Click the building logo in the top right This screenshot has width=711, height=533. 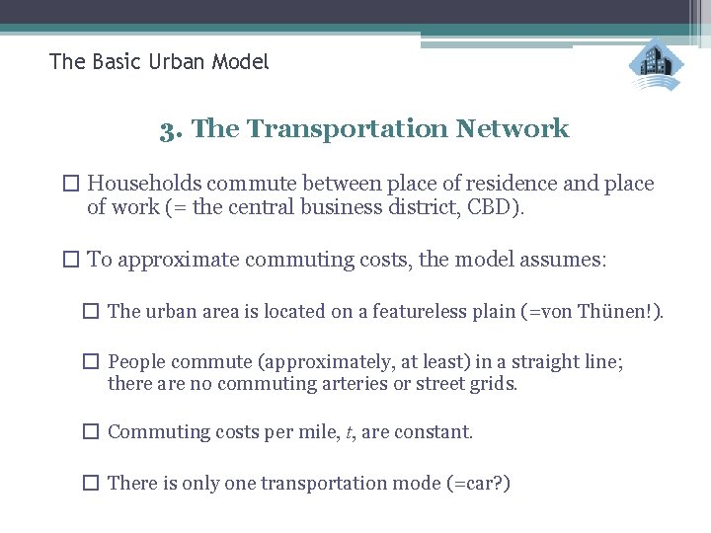[657, 65]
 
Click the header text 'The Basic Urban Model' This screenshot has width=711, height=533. [159, 62]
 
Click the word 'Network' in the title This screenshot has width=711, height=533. [513, 129]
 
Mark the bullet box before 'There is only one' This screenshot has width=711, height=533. [91, 484]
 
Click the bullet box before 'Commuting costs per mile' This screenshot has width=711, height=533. [91, 432]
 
